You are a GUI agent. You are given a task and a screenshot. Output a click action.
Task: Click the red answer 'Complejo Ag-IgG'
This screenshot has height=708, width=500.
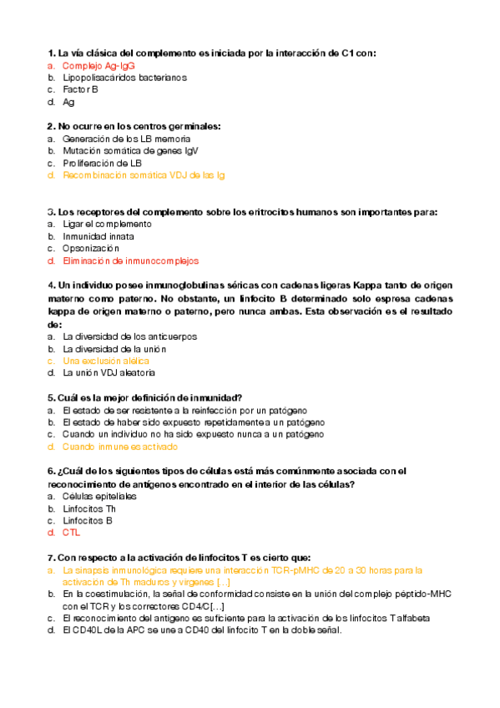[98, 65]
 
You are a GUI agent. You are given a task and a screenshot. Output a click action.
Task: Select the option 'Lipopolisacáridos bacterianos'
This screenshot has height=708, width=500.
[124, 78]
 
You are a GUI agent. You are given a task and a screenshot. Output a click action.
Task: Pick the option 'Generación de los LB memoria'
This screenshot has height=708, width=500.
[126, 139]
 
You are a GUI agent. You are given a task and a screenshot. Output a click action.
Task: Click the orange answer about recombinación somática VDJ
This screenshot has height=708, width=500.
[143, 175]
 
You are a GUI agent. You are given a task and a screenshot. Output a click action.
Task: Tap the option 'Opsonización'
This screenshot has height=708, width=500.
[91, 248]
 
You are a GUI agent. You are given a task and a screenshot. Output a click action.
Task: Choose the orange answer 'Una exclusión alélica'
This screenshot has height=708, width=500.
[106, 361]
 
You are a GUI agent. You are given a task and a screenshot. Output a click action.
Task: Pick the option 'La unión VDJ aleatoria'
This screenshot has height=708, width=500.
[109, 372]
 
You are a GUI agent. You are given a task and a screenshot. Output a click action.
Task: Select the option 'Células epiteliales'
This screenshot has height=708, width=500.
[99, 496]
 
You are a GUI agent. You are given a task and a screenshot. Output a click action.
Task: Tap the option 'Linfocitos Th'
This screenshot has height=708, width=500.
[89, 508]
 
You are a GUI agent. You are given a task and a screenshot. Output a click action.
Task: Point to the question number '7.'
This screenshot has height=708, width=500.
[52, 558]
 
